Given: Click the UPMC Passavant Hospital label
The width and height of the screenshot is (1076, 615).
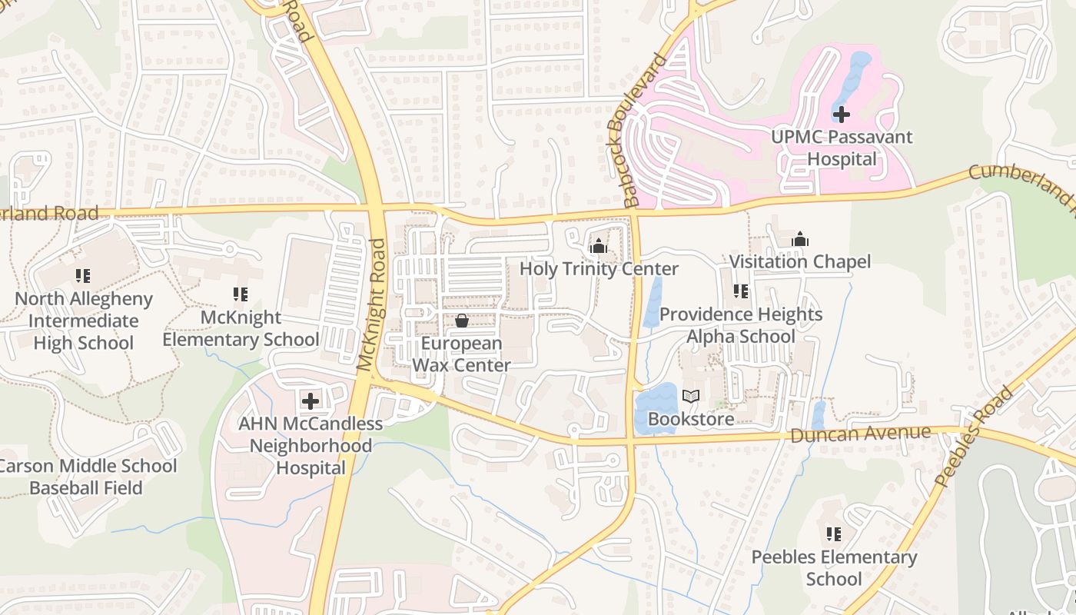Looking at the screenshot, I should click(842, 148).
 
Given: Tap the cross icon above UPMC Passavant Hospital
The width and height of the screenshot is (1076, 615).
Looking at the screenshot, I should click(842, 115).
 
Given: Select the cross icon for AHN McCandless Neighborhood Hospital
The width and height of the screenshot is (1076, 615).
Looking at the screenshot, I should click(311, 401).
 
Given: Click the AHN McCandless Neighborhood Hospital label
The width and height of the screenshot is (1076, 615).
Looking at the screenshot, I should click(311, 446).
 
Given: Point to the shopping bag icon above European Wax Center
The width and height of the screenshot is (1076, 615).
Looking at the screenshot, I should click(462, 321).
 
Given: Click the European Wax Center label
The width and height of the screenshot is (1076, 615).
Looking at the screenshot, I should click(462, 354).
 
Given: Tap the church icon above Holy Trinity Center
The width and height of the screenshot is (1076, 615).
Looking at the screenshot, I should click(598, 246).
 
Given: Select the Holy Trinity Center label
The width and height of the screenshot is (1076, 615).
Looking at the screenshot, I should click(599, 269).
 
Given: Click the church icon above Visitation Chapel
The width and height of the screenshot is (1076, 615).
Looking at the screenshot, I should click(800, 239).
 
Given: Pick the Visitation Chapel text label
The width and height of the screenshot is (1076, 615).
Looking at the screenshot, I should click(800, 262).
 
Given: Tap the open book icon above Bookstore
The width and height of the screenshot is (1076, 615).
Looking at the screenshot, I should click(691, 397).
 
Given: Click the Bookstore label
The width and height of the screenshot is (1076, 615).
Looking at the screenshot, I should click(691, 419).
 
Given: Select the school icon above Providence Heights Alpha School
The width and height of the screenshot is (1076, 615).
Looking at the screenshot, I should click(741, 291).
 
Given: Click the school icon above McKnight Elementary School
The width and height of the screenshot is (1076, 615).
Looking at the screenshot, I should click(241, 294).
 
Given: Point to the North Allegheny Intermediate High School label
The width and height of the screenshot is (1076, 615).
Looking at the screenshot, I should click(84, 321).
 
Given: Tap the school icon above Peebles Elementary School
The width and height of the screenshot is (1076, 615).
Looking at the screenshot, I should click(834, 534).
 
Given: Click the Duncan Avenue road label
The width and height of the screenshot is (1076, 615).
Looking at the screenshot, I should click(860, 434).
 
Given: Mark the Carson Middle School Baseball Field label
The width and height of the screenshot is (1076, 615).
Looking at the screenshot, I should click(87, 477).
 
